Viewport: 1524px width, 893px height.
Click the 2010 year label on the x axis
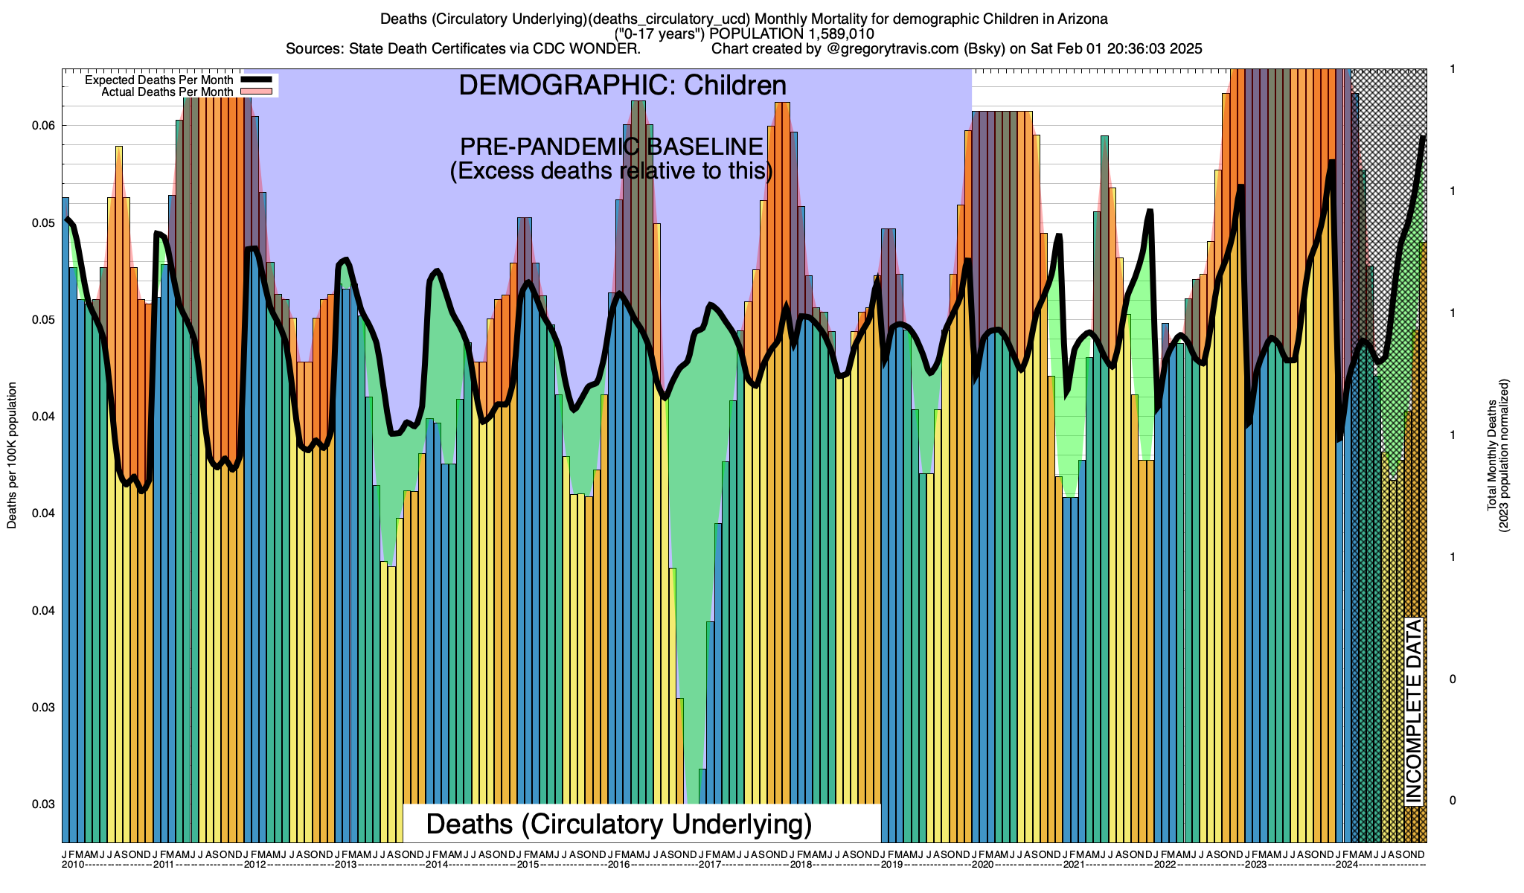[x=72, y=865]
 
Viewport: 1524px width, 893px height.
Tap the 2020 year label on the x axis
[x=983, y=865]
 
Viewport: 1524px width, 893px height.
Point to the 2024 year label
[x=1347, y=865]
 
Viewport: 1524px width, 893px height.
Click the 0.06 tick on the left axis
[x=44, y=126]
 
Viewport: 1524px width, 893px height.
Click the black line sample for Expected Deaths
[x=257, y=80]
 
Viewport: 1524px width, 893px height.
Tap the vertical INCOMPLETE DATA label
[x=1413, y=711]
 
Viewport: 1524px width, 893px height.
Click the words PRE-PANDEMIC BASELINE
[x=611, y=147]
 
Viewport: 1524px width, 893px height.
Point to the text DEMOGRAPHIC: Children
[x=622, y=86]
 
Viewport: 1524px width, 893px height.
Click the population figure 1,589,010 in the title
[x=838, y=34]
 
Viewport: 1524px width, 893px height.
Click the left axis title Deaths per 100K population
[x=12, y=455]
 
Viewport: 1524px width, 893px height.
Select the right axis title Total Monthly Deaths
[x=1492, y=455]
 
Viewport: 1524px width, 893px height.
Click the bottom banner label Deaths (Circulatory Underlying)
[x=618, y=825]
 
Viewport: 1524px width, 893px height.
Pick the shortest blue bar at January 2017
[x=702, y=786]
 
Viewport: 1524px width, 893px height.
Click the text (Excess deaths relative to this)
[x=611, y=171]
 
